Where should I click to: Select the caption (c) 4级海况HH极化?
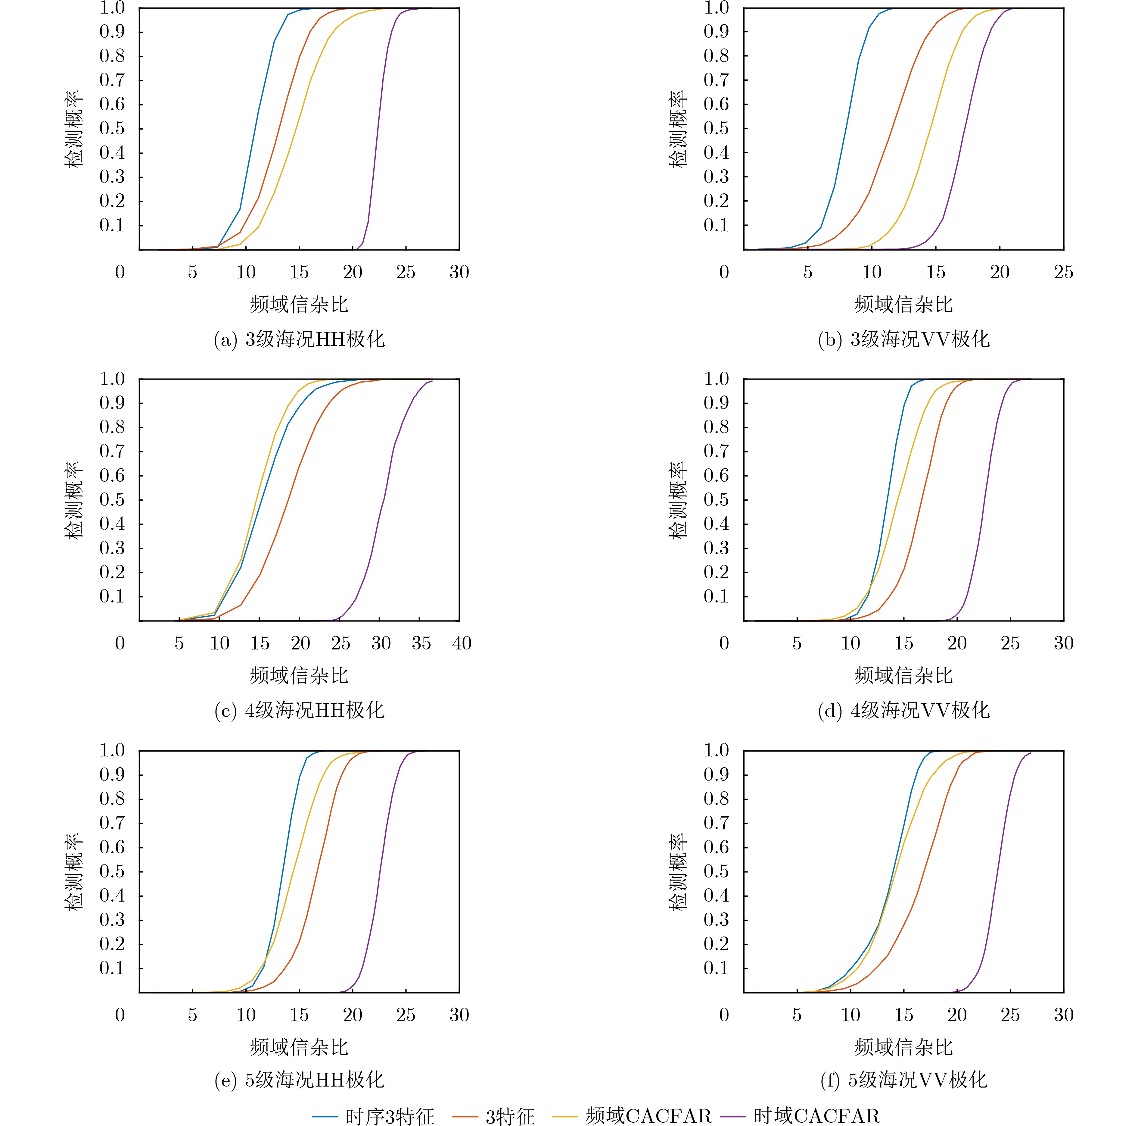(299, 710)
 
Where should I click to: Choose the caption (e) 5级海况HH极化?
(299, 1080)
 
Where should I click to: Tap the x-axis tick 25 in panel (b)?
(1063, 272)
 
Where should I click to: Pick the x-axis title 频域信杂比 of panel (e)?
(299, 1047)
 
